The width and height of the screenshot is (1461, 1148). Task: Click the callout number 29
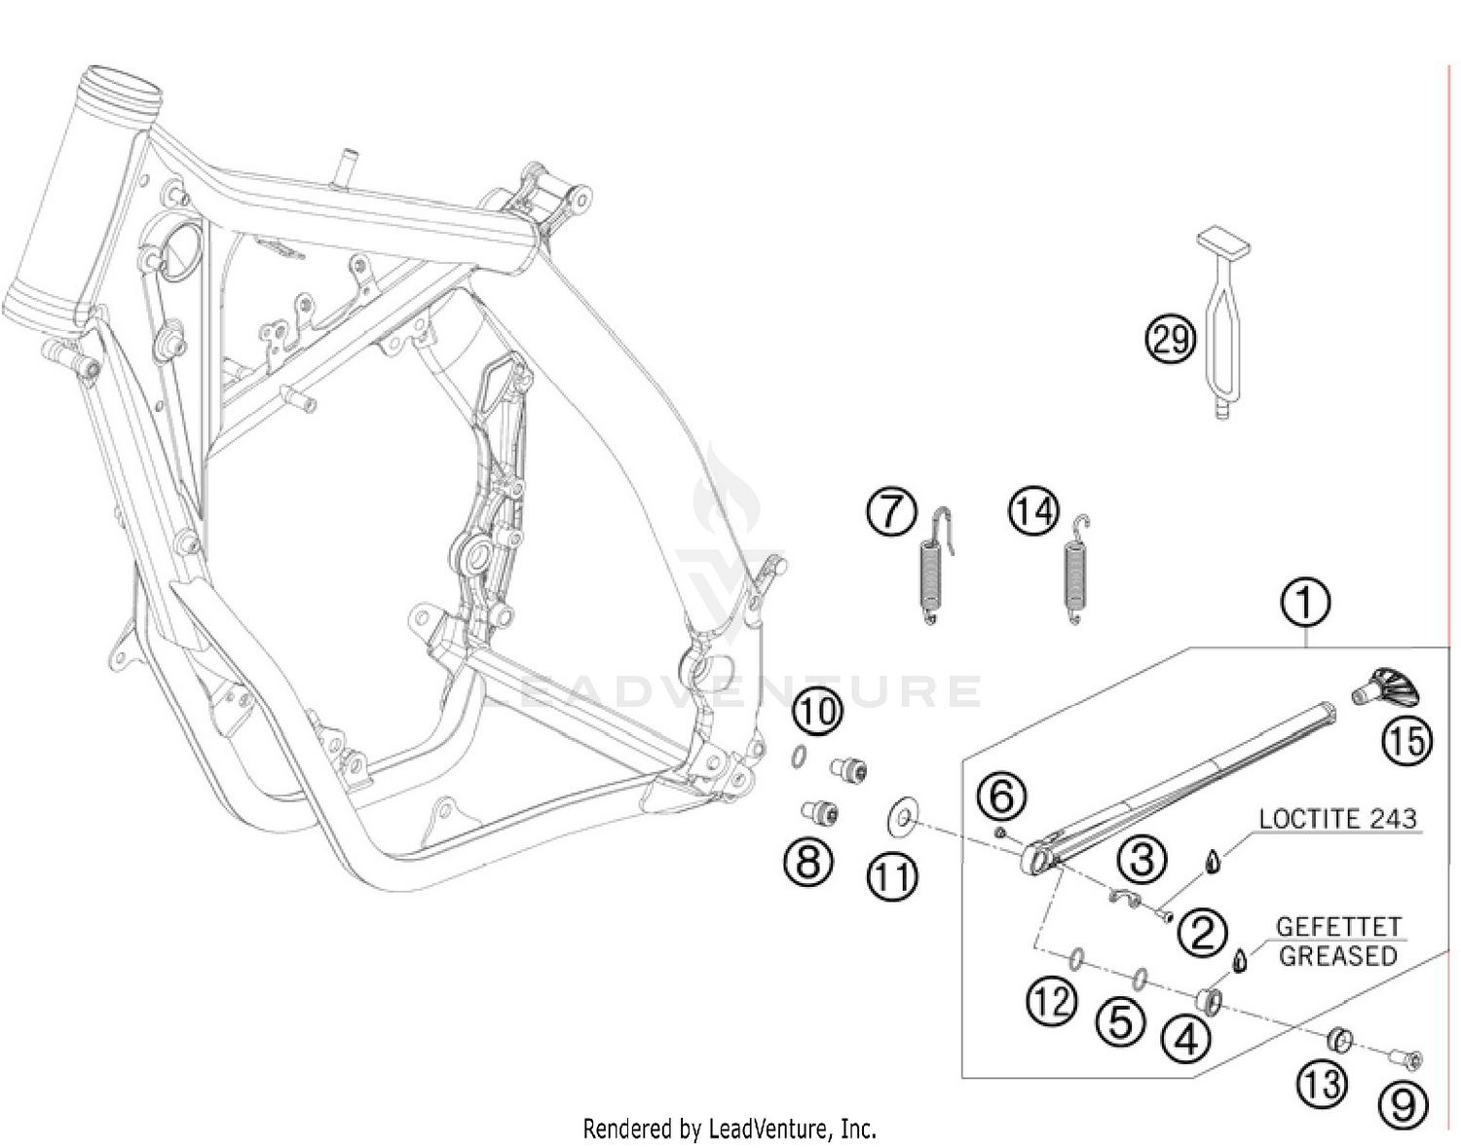click(1171, 340)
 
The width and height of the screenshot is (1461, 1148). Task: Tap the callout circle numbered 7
click(892, 512)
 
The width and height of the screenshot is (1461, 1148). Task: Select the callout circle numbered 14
click(1033, 512)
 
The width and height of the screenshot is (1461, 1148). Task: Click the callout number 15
click(1407, 742)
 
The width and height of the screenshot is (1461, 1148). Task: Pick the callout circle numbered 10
click(819, 713)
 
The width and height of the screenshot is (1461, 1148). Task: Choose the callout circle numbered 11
click(892, 875)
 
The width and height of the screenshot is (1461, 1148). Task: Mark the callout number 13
click(1322, 1086)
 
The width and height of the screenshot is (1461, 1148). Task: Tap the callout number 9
click(1403, 1106)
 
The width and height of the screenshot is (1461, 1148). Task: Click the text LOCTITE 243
click(1337, 819)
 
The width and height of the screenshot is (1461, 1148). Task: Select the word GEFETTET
click(1338, 927)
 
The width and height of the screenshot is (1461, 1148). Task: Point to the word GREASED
click(1338, 955)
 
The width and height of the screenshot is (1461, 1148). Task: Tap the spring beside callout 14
click(1076, 569)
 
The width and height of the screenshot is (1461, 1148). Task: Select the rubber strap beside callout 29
click(1222, 322)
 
